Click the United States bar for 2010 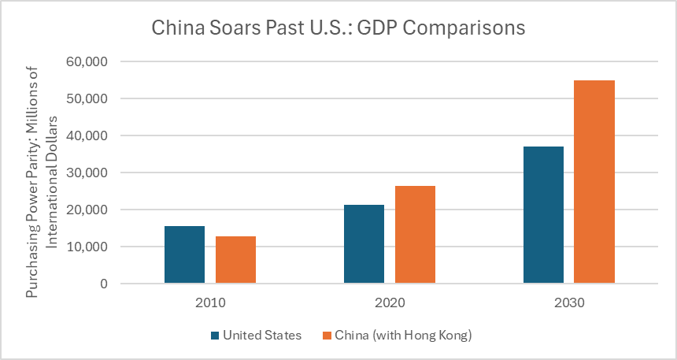tap(184, 254)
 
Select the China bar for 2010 tap(235, 260)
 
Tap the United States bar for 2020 tap(364, 244)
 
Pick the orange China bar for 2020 tap(415, 235)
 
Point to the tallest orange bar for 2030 tap(594, 182)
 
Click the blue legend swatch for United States tap(215, 336)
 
